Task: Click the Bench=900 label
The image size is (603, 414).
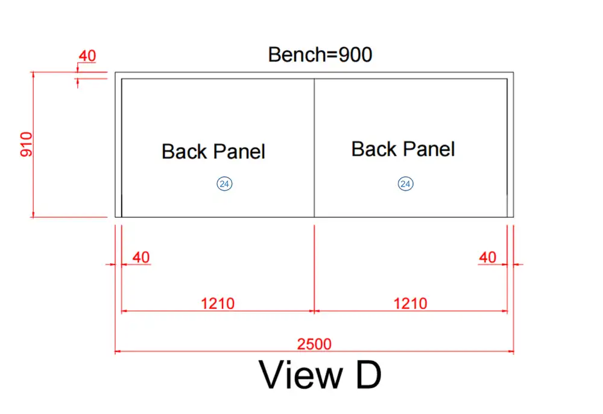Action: pyautogui.click(x=320, y=55)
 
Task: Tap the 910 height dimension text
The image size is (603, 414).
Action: pyautogui.click(x=27, y=144)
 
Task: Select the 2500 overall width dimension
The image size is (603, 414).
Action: pyautogui.click(x=314, y=343)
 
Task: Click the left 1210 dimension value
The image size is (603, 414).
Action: pyautogui.click(x=218, y=304)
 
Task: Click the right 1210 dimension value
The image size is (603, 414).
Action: pyautogui.click(x=410, y=304)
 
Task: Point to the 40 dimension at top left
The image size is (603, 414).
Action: pyautogui.click(x=87, y=56)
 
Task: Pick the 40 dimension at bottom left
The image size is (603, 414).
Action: pyautogui.click(x=141, y=258)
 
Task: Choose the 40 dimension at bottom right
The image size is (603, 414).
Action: pyautogui.click(x=488, y=258)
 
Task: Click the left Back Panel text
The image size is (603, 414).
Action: pyautogui.click(x=213, y=151)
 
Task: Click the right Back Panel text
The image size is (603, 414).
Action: pyautogui.click(x=403, y=149)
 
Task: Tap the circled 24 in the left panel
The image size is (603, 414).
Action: pyautogui.click(x=224, y=184)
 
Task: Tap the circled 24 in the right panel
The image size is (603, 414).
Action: pyautogui.click(x=405, y=184)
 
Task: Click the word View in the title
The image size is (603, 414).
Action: pyautogui.click(x=301, y=375)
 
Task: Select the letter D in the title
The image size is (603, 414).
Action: pyautogui.click(x=368, y=375)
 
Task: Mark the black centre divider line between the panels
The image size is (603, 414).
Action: pyautogui.click(x=314, y=148)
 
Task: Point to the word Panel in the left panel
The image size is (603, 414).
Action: pyautogui.click(x=239, y=151)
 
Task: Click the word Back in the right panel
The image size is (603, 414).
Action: pyautogui.click(x=375, y=149)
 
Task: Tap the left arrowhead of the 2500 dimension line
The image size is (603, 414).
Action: pyautogui.click(x=118, y=351)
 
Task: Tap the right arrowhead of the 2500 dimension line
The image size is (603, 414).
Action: pyautogui.click(x=511, y=351)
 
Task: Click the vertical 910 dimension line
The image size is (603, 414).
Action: pyautogui.click(x=33, y=145)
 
